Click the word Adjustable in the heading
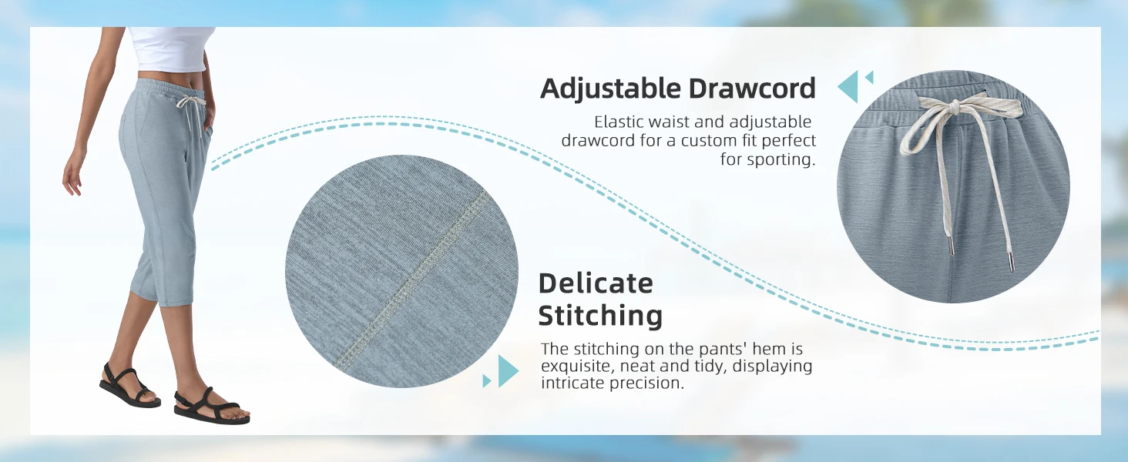[x=610, y=89]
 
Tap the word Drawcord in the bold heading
[x=752, y=88]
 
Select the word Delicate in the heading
[x=596, y=283]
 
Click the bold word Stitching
[x=600, y=316]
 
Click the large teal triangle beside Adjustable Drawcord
[x=848, y=86]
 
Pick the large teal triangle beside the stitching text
[x=508, y=371]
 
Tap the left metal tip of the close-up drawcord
[x=948, y=246]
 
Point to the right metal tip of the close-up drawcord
[x=1010, y=262]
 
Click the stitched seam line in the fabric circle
[x=412, y=281]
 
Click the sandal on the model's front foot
[x=211, y=406]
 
